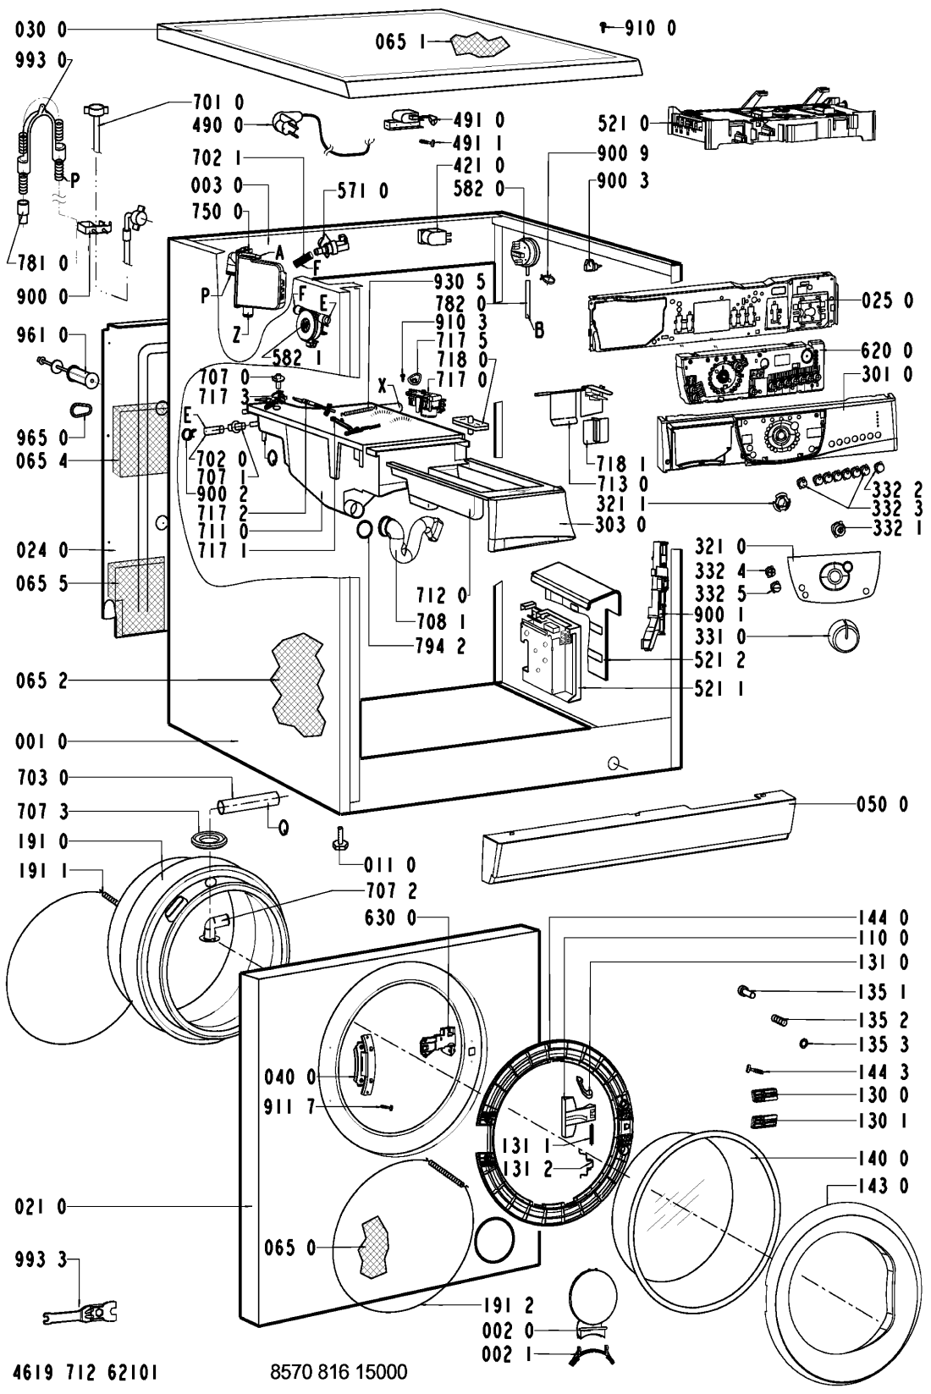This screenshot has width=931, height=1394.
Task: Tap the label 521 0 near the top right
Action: [623, 124]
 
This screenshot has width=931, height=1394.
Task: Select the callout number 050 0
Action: [883, 804]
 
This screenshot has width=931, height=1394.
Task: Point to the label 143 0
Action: [884, 1186]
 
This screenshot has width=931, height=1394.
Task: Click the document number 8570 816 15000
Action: [339, 1372]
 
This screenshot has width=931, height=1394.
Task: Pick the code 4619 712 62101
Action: [85, 1372]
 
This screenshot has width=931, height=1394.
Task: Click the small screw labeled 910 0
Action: [603, 27]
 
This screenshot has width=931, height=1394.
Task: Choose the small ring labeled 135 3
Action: [805, 1044]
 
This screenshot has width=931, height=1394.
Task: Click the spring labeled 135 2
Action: [780, 1019]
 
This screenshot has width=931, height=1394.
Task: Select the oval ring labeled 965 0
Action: [81, 410]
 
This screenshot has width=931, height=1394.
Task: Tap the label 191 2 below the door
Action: [509, 1306]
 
